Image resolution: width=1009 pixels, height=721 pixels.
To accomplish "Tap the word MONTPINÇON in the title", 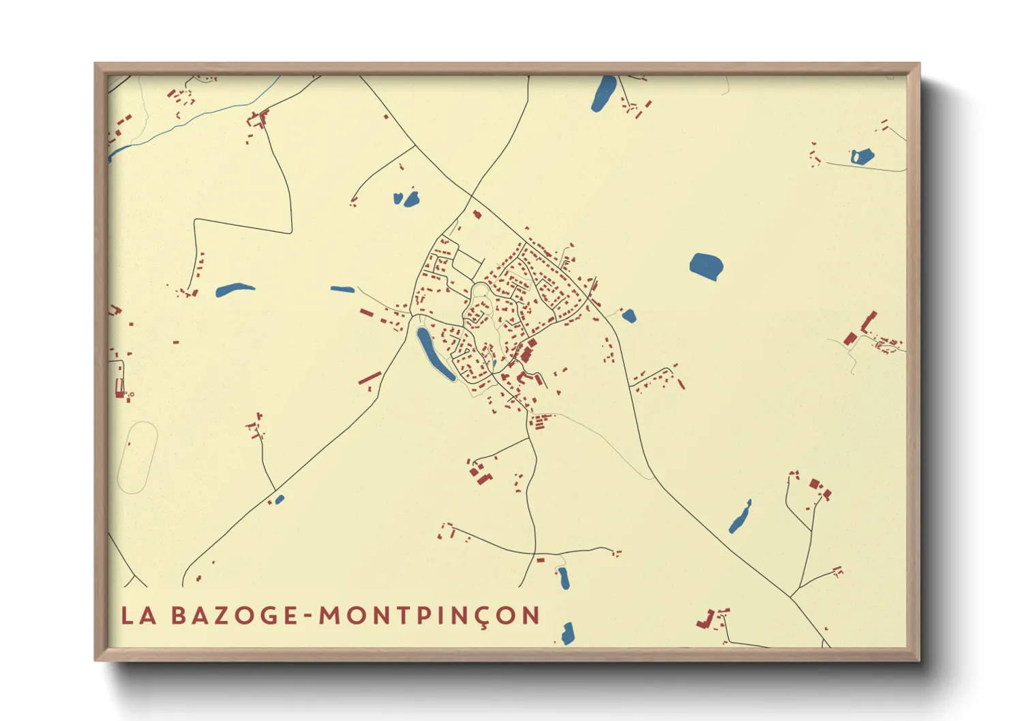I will point(430,615).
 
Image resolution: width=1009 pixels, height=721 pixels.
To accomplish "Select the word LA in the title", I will point(138,615).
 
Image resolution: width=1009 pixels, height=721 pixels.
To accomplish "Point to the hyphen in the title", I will point(309,617).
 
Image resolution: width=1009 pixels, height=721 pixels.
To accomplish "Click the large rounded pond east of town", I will point(706,266).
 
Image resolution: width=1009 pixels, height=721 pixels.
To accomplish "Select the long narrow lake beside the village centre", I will point(434,353).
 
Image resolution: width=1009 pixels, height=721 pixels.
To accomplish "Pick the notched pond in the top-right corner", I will point(861,157).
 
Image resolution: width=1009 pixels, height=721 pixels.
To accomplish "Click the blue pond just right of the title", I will point(568,633).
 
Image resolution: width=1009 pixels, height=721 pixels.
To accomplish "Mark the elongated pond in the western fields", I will point(235,290).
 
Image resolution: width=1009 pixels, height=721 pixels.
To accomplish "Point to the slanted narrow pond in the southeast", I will point(740,517).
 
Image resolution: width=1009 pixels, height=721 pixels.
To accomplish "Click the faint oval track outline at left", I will point(138,457).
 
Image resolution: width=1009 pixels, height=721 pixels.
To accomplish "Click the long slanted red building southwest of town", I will point(370,377).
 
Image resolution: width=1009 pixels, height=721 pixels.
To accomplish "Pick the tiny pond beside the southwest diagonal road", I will point(280,500).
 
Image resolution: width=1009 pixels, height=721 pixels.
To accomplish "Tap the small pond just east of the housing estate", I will point(629,316).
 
